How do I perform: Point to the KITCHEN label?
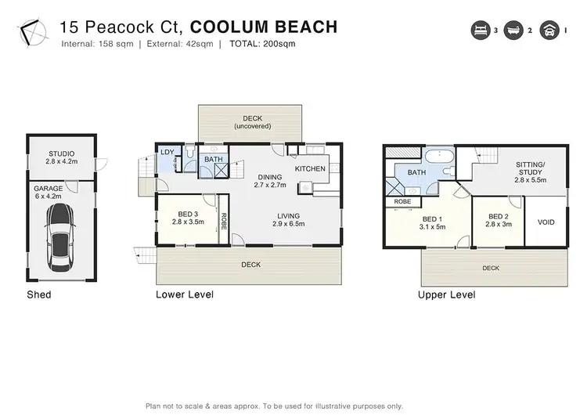tap(309, 168)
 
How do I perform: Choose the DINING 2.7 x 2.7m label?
tap(270, 181)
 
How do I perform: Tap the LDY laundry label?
tap(167, 153)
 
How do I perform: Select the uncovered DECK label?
tap(251, 122)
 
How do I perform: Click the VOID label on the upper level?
tap(546, 222)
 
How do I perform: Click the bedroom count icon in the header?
tap(479, 31)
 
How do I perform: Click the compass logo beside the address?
tap(31, 32)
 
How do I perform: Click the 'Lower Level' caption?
tap(185, 294)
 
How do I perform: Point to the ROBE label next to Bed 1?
tap(402, 201)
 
